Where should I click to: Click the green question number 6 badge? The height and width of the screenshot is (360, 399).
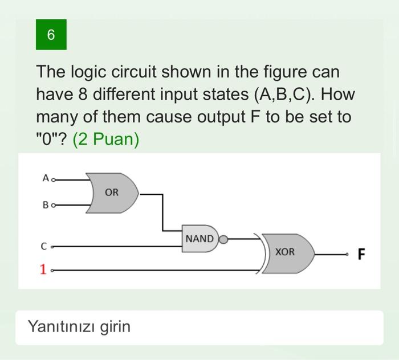tap(51, 35)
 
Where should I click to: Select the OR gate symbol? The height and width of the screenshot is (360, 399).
tap(112, 193)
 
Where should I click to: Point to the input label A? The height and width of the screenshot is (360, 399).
tap(45, 178)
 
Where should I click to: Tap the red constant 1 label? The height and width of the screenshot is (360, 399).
tap(43, 269)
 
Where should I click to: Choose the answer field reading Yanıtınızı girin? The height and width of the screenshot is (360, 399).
tap(199, 327)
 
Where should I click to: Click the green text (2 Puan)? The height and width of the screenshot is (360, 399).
tap(106, 140)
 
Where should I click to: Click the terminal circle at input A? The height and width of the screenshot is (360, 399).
tap(54, 179)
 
